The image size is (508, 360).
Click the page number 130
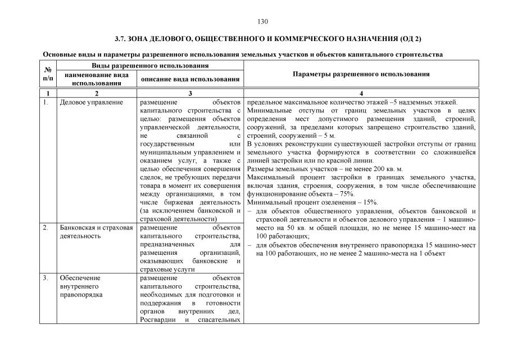262,21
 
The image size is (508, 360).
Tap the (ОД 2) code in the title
410,38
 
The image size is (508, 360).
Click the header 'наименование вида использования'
93,79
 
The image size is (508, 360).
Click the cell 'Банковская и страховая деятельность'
96,232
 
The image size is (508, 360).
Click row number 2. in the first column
46,228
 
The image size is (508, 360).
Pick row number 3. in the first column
46,278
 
